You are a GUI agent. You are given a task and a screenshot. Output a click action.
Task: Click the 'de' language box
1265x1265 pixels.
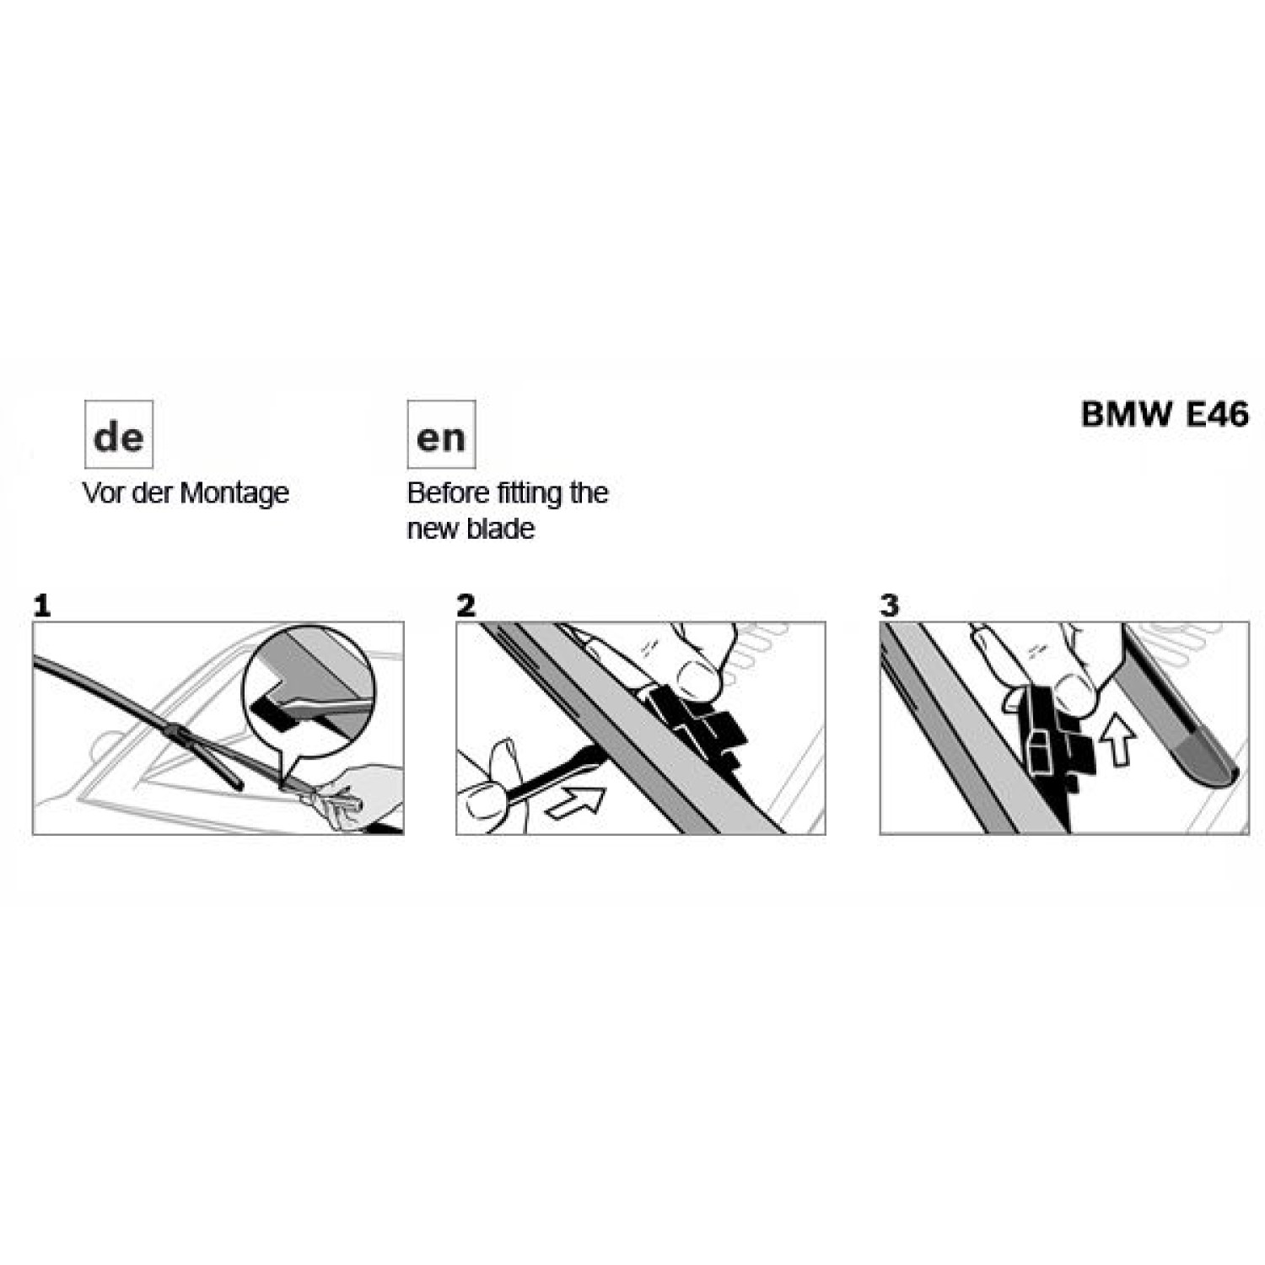pyautogui.click(x=118, y=434)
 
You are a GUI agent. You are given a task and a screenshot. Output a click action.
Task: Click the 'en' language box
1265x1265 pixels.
pyautogui.click(x=441, y=434)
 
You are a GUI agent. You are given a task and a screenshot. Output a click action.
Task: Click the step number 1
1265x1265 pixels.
pyautogui.click(x=42, y=606)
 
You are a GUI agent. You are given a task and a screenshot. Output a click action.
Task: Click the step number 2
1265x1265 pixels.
pyautogui.click(x=466, y=606)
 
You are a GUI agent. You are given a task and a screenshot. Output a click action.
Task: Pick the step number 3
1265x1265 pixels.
pyautogui.click(x=889, y=606)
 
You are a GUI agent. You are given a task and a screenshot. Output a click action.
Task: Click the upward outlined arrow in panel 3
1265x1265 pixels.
pyautogui.click(x=1119, y=739)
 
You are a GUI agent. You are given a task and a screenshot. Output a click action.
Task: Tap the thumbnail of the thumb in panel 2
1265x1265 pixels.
pyautogui.click(x=697, y=675)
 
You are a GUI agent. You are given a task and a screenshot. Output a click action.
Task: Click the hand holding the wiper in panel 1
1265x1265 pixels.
pyautogui.click(x=354, y=797)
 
